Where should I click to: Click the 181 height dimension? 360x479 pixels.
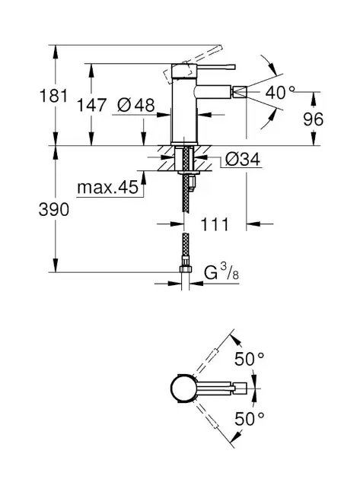[54, 96]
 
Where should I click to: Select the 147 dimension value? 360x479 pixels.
[91, 105]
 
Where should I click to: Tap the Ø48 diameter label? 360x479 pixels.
[135, 106]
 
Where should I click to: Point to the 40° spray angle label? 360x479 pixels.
[280, 92]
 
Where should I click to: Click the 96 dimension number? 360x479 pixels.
[313, 119]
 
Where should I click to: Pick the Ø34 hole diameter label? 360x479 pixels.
[243, 159]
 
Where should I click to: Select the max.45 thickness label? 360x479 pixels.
[108, 187]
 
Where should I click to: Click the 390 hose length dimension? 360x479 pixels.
[54, 210]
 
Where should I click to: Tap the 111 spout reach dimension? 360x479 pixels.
[215, 224]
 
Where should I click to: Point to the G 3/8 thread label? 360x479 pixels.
[221, 272]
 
